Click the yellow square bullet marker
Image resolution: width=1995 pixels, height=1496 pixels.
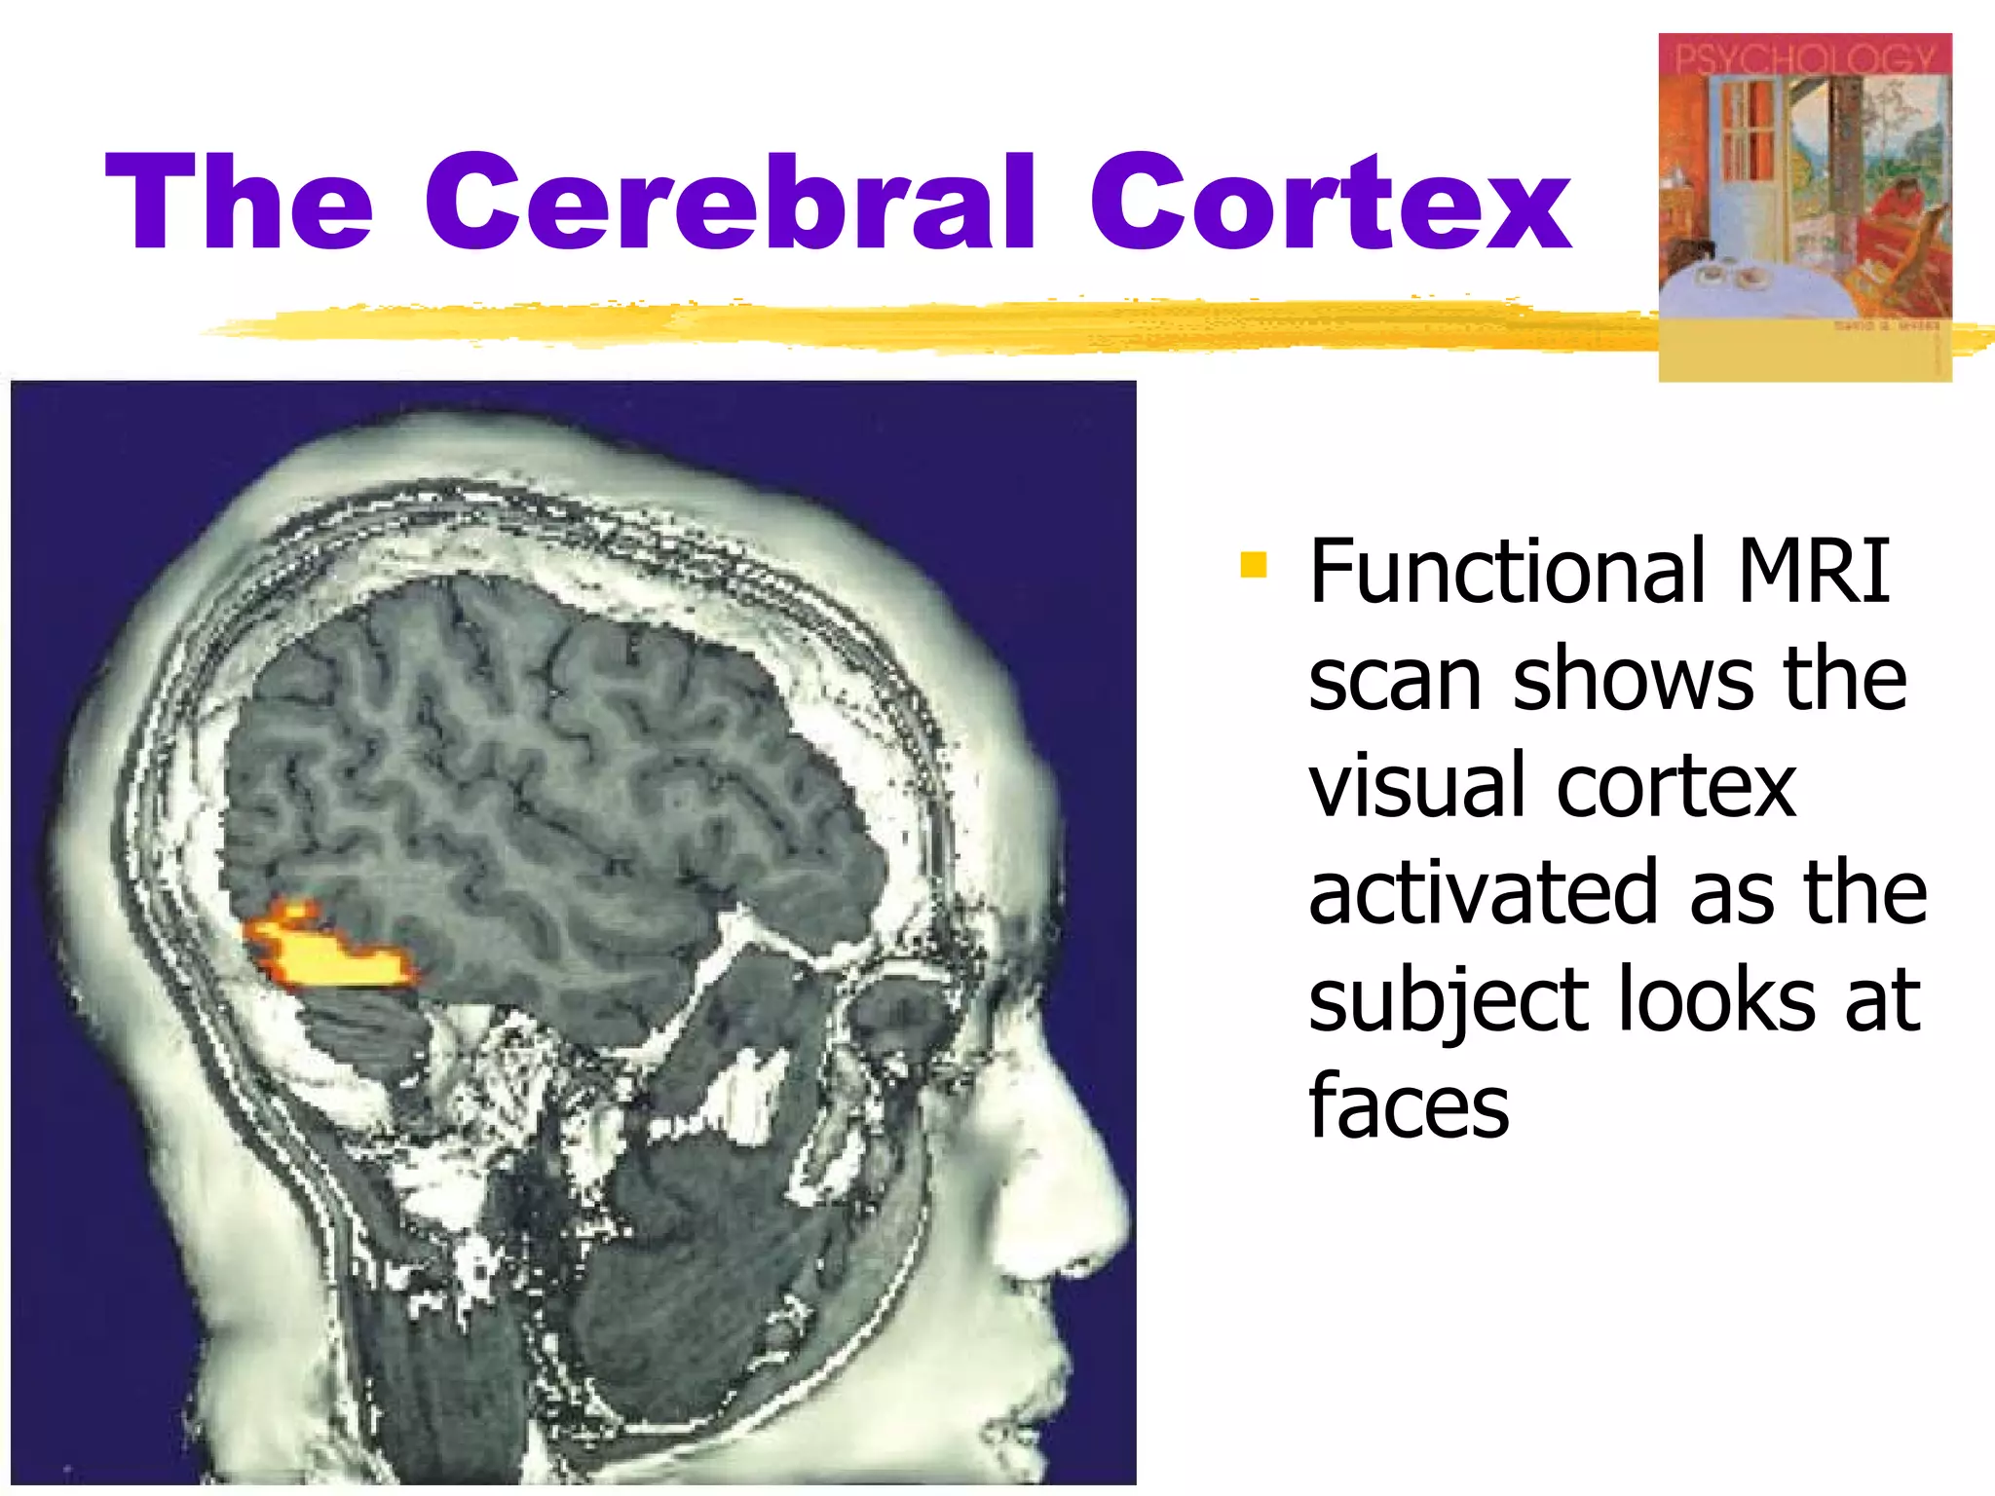[1254, 565]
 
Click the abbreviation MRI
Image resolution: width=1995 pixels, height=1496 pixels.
[1813, 572]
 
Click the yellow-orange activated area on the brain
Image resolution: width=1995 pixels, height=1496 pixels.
[326, 954]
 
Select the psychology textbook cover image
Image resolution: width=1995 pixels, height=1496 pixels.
[1804, 206]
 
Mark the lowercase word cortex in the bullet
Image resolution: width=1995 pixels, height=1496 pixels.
[1675, 787]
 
